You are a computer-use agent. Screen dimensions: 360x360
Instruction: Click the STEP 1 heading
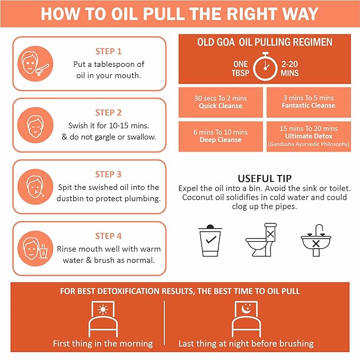point(108,51)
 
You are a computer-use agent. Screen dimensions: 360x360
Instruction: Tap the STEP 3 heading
point(108,174)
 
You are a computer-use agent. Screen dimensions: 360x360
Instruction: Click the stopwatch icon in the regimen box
point(265,68)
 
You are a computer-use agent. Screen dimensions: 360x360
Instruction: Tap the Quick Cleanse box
point(221,102)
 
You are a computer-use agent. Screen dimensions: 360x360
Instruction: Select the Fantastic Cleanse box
point(308,102)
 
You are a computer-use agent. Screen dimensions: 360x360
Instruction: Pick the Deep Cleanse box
point(221,136)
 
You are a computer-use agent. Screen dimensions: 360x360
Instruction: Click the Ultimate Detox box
point(308,136)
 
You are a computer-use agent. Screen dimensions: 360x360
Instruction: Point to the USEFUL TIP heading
point(264,178)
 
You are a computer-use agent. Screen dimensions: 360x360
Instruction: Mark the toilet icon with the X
point(264,240)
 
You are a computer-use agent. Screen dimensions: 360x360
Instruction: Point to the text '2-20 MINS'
point(291,68)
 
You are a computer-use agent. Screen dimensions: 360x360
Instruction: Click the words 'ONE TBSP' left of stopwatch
point(240,68)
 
